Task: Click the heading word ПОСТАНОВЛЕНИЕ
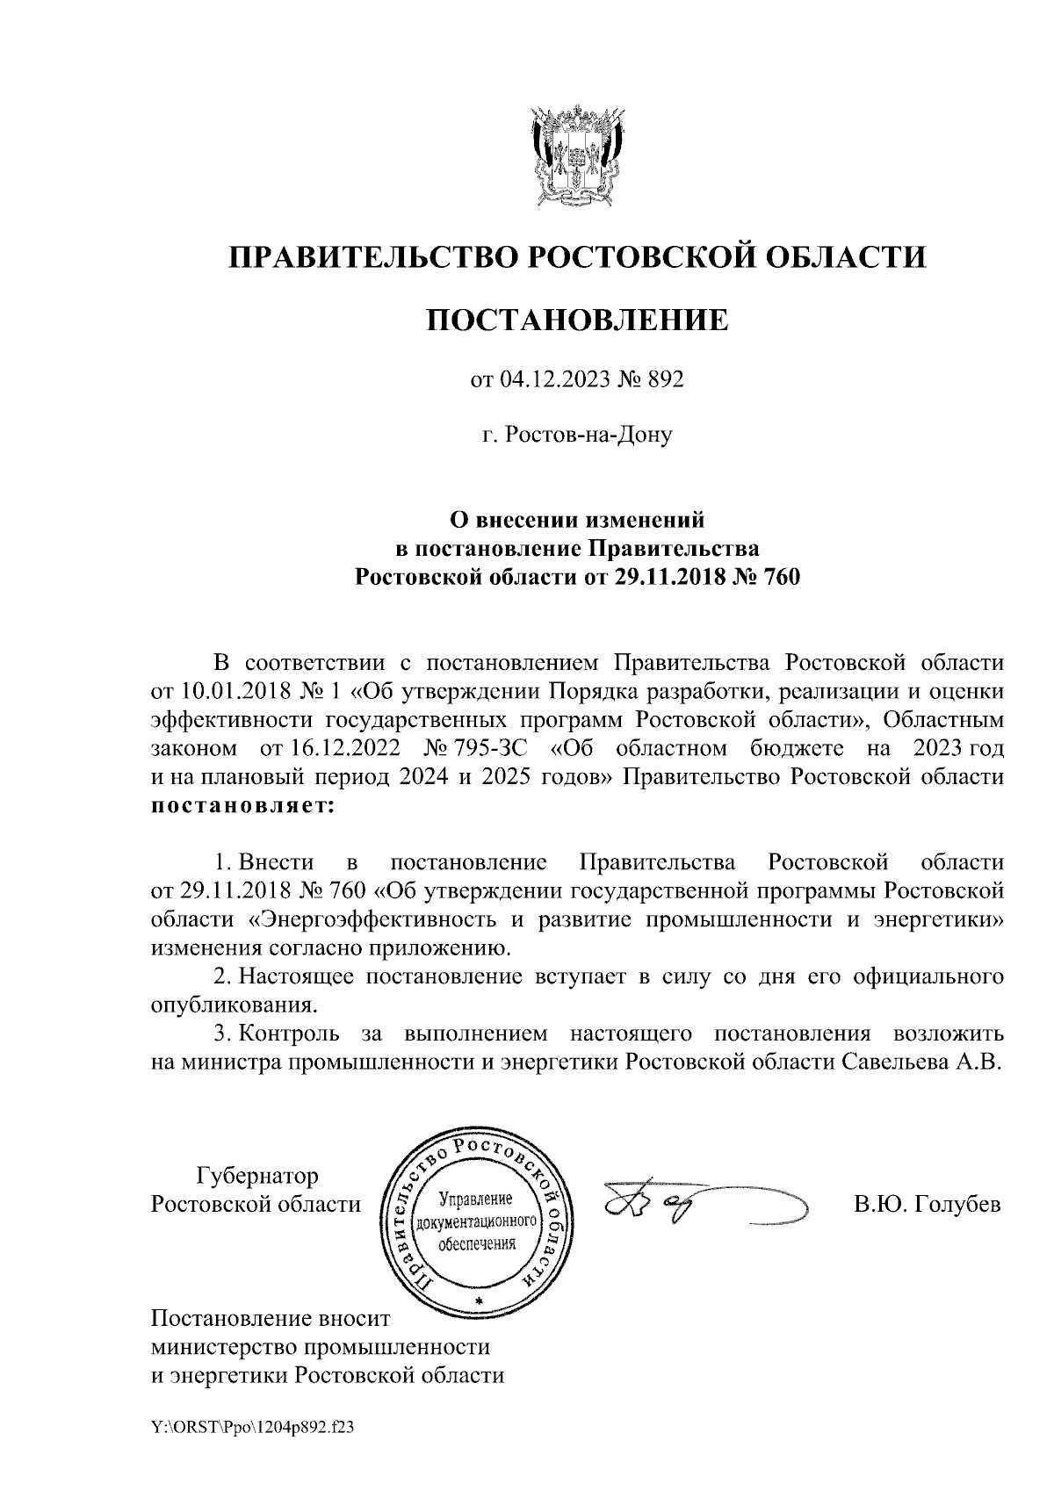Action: [x=577, y=321]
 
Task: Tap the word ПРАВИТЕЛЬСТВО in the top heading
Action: [x=371, y=256]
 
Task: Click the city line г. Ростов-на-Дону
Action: [x=577, y=434]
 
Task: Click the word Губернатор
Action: [x=258, y=1175]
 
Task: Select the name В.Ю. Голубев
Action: [x=928, y=1205]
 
